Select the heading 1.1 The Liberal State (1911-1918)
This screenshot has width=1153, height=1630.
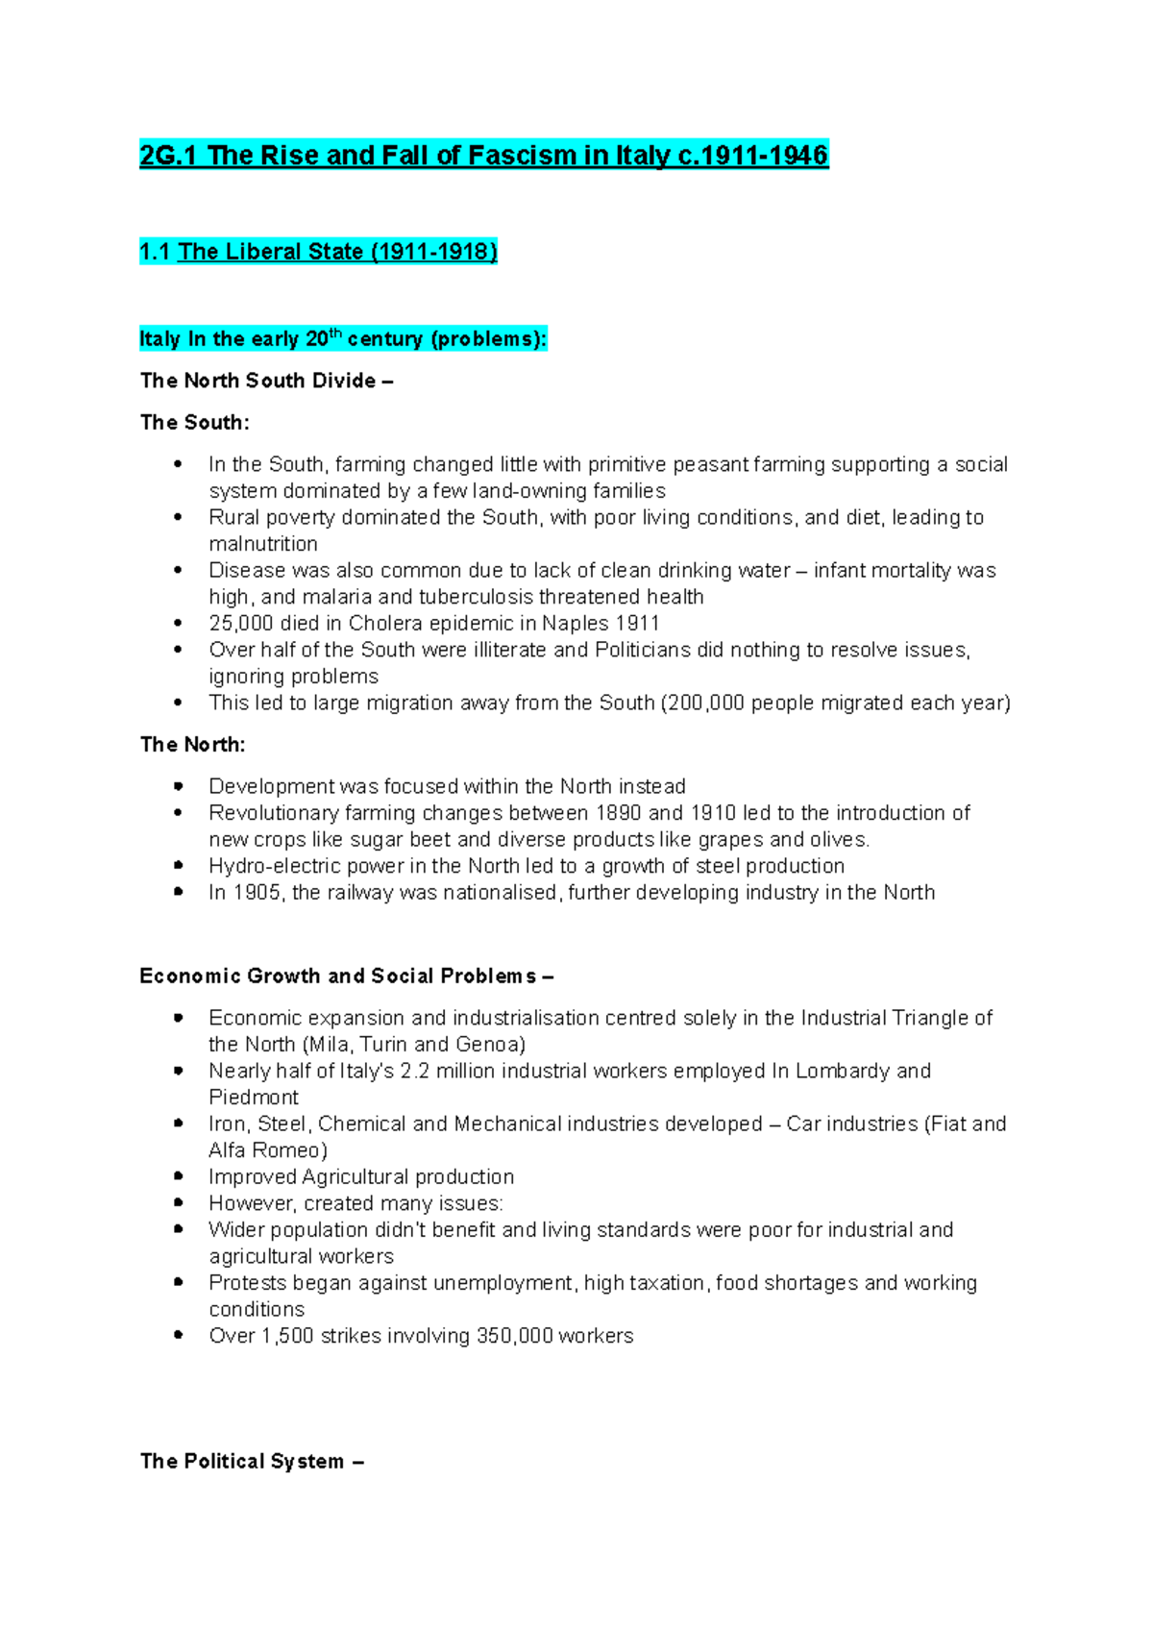coord(318,252)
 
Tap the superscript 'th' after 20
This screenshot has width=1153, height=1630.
coord(335,333)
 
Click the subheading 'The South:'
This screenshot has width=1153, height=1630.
coord(194,423)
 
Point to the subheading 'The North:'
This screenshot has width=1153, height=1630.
coord(192,745)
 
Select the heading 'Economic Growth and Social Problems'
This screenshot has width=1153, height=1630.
coord(337,976)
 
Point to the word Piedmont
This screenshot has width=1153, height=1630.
coord(254,1098)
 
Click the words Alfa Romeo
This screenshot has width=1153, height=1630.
coord(267,1150)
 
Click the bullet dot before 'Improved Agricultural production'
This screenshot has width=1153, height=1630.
coord(179,1176)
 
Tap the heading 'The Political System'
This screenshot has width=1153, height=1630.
coord(242,1462)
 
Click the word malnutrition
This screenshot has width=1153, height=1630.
coord(263,544)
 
